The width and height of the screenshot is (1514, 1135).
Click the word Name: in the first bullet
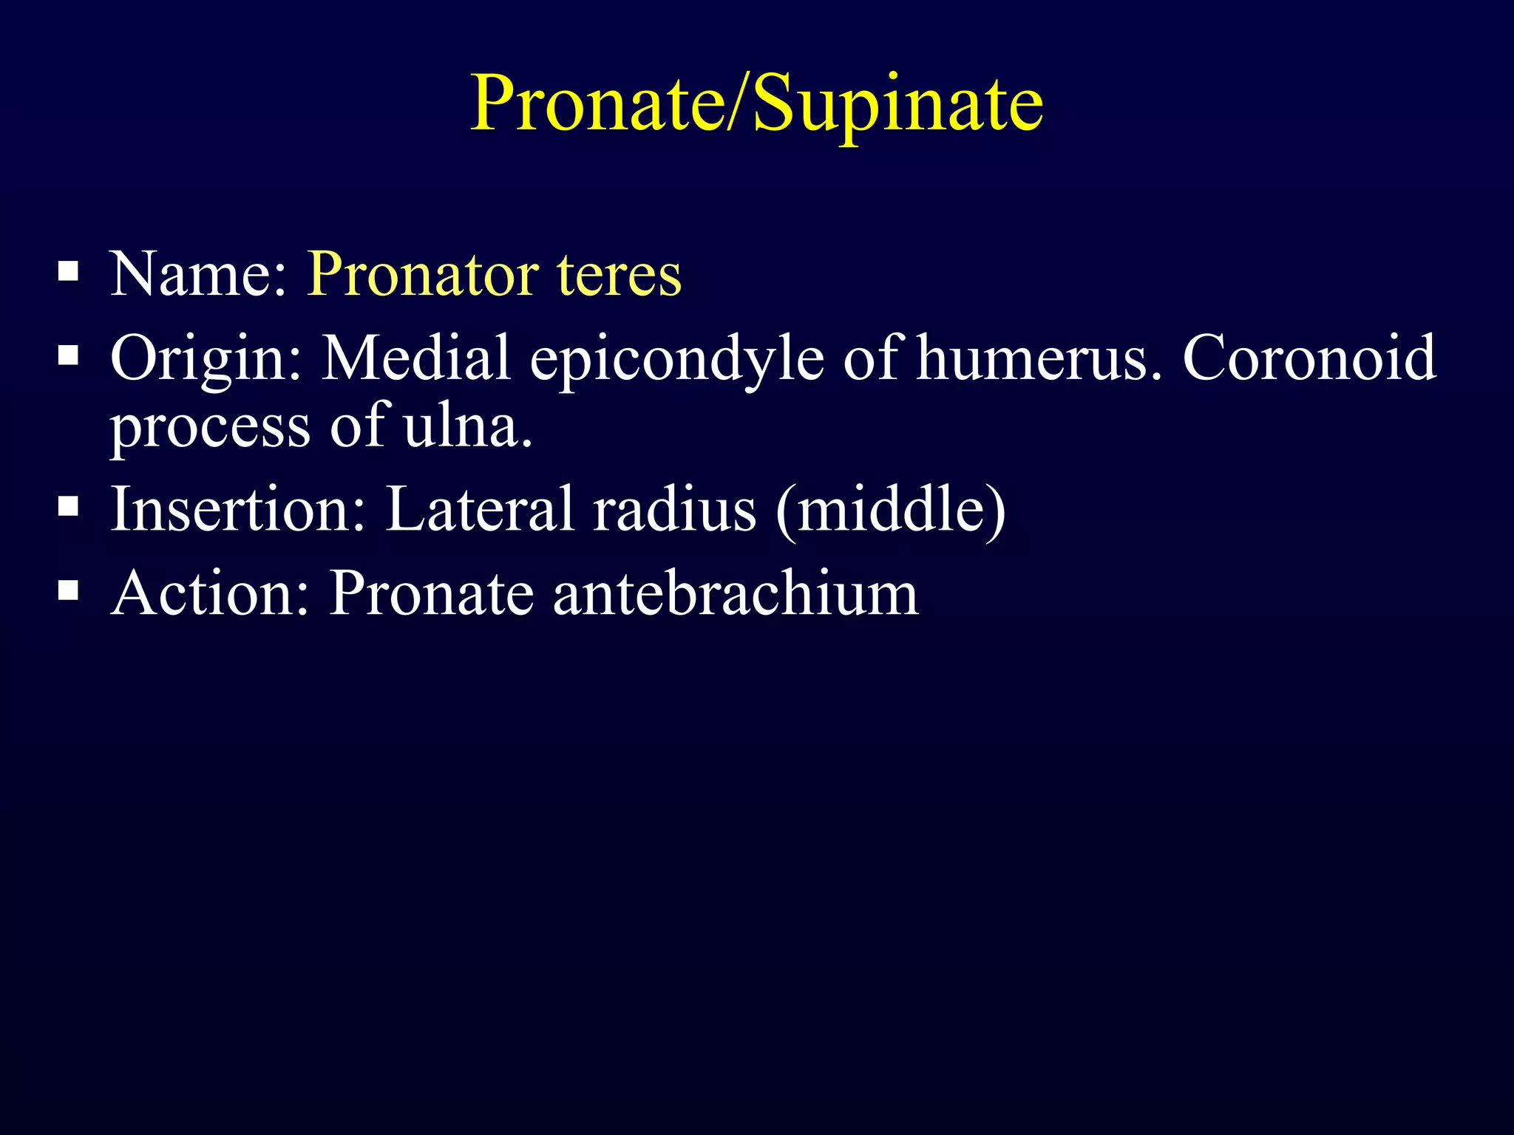pos(198,275)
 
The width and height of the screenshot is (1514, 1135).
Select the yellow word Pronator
pos(423,275)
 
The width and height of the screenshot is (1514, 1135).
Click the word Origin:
pos(206,358)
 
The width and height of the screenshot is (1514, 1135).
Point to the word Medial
pos(416,358)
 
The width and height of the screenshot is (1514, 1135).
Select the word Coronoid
pos(1309,358)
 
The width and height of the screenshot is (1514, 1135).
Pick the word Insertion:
pos(238,510)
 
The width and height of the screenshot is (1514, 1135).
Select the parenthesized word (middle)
pos(891,510)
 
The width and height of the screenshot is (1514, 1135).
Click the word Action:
pos(210,593)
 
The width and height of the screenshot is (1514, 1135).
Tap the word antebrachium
pos(735,593)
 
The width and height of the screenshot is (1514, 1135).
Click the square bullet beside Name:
pos(68,273)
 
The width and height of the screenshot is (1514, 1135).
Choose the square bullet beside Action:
pos(68,590)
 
